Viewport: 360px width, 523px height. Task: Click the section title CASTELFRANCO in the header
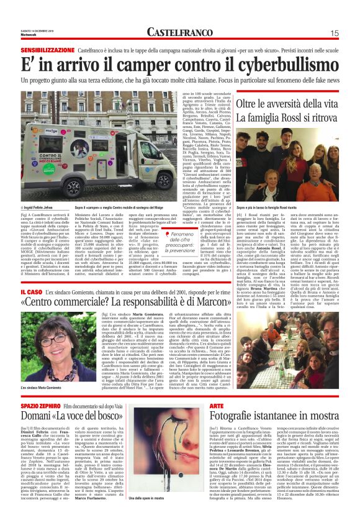[180, 32]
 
